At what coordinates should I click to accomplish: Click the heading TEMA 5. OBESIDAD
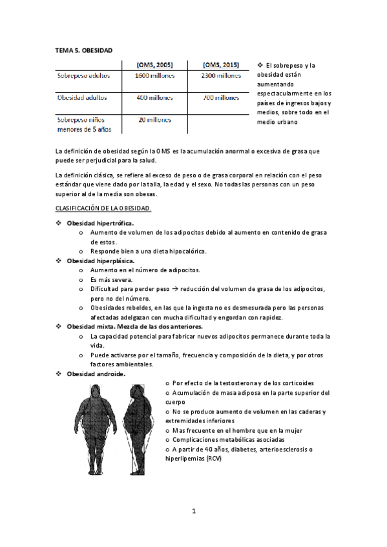point(84,49)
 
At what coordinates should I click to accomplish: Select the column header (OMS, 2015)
point(221,65)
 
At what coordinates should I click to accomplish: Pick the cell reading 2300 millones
point(221,75)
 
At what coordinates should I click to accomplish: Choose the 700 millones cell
point(221,98)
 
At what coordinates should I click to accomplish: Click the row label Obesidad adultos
point(82,98)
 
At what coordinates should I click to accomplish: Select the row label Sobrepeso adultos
point(83,75)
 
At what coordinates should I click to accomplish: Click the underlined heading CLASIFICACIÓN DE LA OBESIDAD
point(103,209)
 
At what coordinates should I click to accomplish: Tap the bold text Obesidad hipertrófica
point(100,223)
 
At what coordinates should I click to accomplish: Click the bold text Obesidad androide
point(96,373)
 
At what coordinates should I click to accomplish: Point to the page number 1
point(193,512)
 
